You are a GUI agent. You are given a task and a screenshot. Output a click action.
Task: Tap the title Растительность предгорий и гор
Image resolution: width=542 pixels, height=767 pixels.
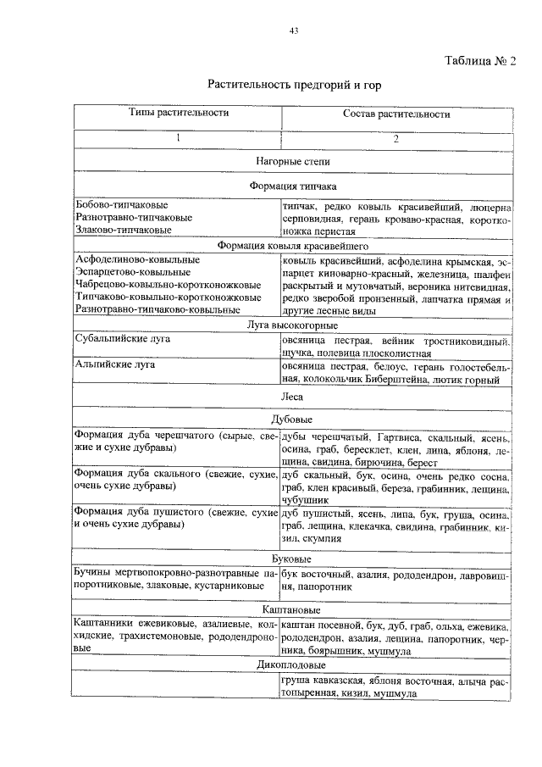point(292,86)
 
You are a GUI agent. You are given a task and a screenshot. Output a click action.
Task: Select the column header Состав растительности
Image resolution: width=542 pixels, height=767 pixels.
point(395,114)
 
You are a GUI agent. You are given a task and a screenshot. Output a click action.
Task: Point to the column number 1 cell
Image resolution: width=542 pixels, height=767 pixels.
point(179,139)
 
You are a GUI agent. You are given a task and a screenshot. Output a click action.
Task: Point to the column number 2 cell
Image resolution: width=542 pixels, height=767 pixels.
point(395,139)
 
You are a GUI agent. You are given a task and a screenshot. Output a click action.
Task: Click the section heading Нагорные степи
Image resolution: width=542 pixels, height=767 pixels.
point(293,160)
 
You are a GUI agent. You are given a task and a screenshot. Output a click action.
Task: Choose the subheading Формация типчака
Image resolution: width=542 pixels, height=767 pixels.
point(293,186)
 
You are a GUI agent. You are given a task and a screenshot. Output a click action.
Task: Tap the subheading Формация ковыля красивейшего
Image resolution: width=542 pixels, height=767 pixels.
point(293,245)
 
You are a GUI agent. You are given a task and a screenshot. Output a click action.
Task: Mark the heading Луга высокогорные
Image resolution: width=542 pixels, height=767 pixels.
point(293,325)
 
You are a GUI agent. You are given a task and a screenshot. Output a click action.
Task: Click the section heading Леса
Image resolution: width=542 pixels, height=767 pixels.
point(293,395)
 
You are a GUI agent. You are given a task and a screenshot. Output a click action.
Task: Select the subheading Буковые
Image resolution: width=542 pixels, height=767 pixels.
point(293,559)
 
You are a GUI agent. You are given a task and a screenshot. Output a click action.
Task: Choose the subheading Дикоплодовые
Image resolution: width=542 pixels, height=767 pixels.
point(293,666)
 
